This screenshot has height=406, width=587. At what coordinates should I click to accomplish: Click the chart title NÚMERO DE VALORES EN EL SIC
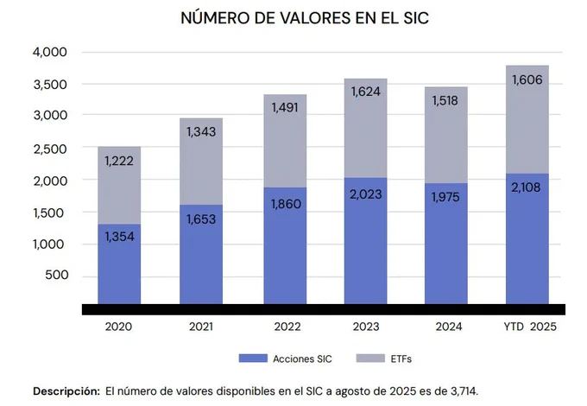click(293, 17)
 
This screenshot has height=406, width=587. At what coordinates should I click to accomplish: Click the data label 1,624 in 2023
click(366, 91)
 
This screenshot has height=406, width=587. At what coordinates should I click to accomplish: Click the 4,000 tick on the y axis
click(50, 52)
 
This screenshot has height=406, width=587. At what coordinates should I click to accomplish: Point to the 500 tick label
click(56, 276)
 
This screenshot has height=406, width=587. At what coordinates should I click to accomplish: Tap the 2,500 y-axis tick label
click(50, 149)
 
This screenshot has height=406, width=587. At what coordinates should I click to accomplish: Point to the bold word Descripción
click(66, 391)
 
